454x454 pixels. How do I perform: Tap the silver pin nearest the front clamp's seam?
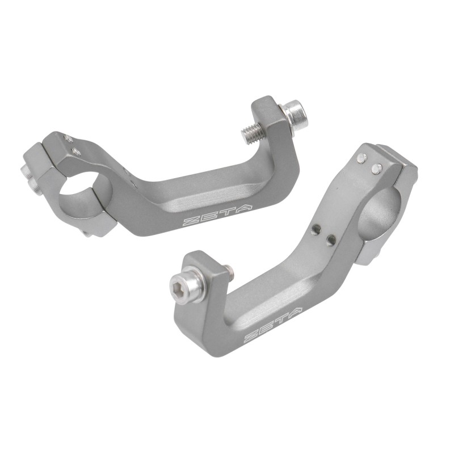coord(376,169)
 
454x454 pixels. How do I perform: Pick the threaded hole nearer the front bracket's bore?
coord(331,240)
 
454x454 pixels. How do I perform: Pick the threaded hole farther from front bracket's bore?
coord(316,229)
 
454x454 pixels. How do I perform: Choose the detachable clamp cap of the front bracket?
coord(404,165)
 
